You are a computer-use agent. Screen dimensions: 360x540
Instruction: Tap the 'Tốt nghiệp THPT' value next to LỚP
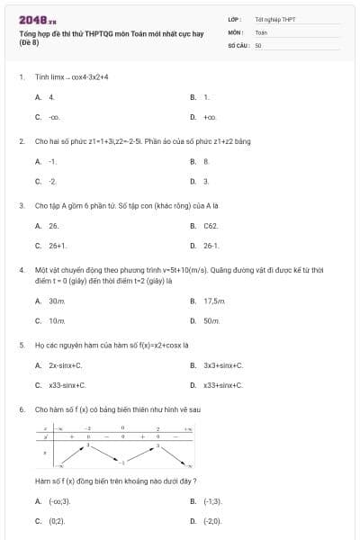click(274, 18)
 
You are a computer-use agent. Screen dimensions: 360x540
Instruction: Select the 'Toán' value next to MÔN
click(261, 31)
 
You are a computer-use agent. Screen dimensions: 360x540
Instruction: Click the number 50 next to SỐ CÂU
click(257, 44)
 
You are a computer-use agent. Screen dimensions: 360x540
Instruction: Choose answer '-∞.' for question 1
click(54, 117)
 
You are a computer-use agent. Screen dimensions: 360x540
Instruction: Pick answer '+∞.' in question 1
click(210, 117)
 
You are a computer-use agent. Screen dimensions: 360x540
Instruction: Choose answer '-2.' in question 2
click(53, 181)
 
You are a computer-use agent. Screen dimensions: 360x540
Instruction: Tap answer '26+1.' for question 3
click(58, 245)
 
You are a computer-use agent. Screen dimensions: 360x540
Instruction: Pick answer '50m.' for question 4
click(212, 320)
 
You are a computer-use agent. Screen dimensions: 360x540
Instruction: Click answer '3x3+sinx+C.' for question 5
click(223, 365)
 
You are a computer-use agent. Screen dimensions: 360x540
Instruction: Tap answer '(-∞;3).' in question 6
click(59, 500)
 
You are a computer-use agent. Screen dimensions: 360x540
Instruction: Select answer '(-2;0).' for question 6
click(212, 520)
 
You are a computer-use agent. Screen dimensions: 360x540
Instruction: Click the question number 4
click(21, 269)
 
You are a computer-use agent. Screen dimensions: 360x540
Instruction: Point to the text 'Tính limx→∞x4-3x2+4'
click(72, 76)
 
